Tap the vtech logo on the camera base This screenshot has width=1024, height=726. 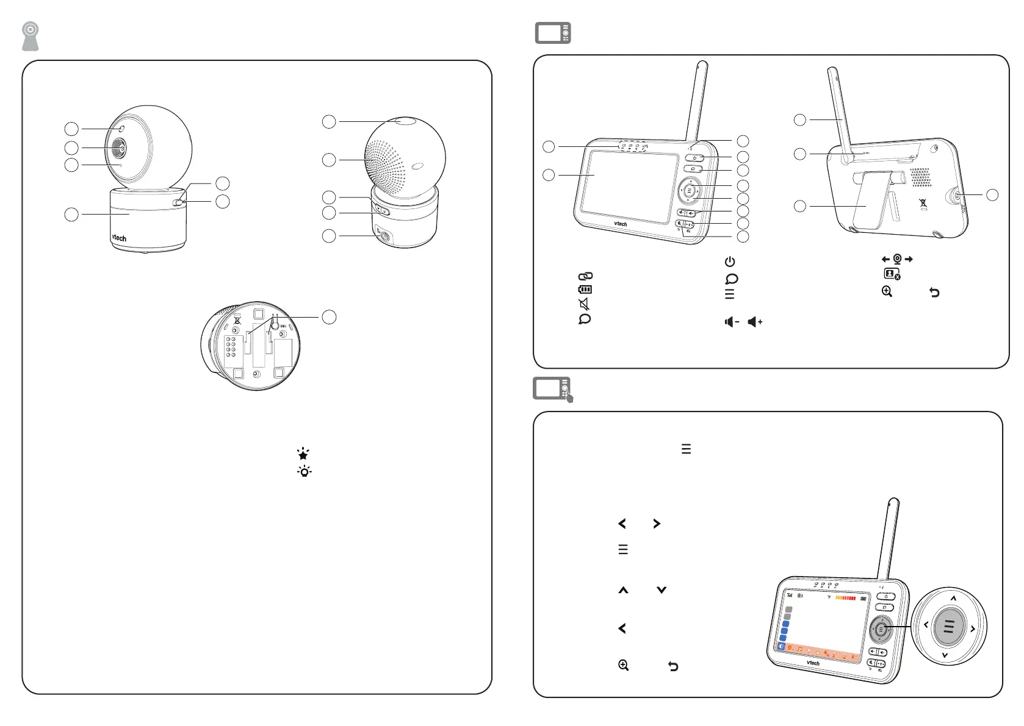[119, 238]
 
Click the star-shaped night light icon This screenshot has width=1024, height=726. [303, 454]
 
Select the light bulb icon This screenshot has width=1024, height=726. [304, 471]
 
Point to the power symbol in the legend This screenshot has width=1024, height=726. [730, 262]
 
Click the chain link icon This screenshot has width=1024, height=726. [585, 276]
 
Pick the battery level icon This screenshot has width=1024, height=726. [585, 290]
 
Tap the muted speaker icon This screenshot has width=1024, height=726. [584, 304]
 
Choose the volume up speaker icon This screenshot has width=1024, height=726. [755, 322]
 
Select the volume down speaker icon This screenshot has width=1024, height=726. [731, 322]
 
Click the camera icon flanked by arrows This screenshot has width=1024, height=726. [897, 259]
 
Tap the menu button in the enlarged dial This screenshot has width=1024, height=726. [948, 626]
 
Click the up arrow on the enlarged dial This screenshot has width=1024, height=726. [953, 598]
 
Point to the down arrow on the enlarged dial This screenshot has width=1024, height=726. [945, 656]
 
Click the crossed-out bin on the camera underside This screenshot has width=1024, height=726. [237, 320]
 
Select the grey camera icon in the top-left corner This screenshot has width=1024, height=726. [30, 37]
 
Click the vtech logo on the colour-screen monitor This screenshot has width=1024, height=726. [813, 663]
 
